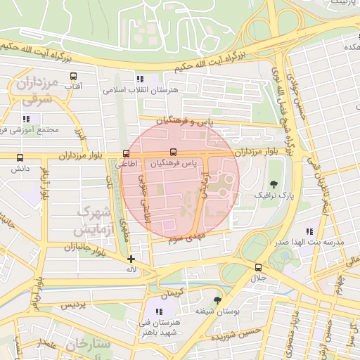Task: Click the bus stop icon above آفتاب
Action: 72,75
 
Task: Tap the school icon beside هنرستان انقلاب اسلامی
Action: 140,79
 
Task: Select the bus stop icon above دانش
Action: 19,158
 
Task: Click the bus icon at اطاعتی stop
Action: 126,153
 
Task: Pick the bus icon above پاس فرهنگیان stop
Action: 173,152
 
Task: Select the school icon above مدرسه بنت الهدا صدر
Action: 309,231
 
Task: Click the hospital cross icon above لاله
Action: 131,259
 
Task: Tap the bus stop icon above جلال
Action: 259,268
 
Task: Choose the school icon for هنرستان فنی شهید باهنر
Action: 160,311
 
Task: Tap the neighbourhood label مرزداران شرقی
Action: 34,92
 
